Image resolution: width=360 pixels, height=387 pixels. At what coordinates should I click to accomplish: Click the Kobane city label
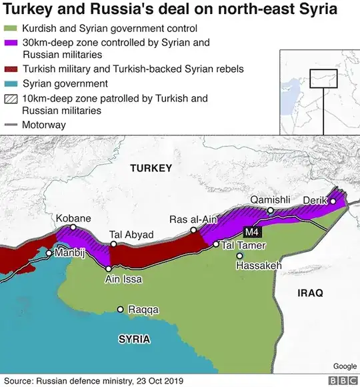click(x=73, y=218)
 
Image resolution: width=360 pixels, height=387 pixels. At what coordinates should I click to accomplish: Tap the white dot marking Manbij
click(x=49, y=253)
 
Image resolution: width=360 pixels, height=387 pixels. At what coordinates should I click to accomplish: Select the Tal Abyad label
click(x=131, y=234)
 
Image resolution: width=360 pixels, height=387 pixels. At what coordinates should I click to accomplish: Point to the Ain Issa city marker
click(x=109, y=269)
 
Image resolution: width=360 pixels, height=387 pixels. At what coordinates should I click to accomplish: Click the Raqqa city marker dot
click(x=120, y=309)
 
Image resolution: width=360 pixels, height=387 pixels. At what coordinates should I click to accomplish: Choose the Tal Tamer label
click(x=244, y=245)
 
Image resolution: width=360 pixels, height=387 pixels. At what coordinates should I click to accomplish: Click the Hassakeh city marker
click(x=240, y=256)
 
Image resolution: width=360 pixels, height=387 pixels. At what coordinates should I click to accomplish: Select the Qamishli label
click(x=270, y=200)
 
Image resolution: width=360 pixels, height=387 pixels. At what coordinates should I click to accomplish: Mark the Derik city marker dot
click(x=333, y=201)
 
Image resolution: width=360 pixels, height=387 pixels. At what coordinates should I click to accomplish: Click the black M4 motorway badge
click(x=251, y=232)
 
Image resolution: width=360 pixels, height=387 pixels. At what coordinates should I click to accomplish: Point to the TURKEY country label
click(x=151, y=167)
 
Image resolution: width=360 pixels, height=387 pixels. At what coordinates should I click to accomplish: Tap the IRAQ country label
click(x=310, y=292)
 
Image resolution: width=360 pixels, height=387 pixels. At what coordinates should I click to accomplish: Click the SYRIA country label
click(x=134, y=338)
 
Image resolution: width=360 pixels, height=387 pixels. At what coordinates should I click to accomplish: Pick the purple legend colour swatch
click(x=11, y=43)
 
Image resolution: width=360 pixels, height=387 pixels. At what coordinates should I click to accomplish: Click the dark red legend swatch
click(x=11, y=69)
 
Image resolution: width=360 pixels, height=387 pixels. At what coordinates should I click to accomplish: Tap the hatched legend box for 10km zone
click(x=11, y=99)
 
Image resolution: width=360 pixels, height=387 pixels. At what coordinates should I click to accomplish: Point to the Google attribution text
click(x=345, y=366)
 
